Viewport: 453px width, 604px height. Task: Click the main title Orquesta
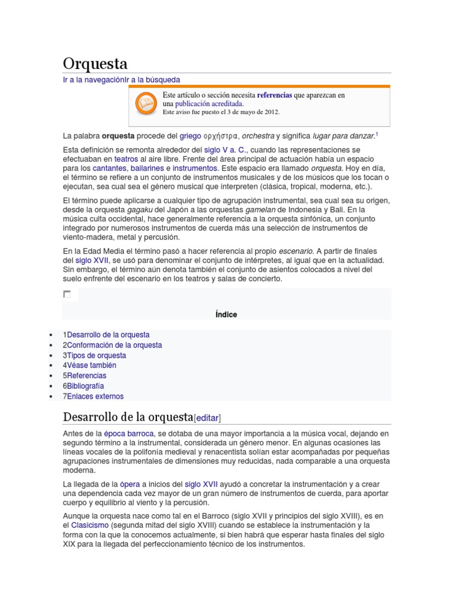95,64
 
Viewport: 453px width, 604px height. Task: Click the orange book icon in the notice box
145,104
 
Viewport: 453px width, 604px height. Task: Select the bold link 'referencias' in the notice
274,94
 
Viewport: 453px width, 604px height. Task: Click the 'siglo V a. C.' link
226,150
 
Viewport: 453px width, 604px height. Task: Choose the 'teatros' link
126,159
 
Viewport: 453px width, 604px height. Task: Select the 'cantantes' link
110,169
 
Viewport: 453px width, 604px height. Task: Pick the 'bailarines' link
147,169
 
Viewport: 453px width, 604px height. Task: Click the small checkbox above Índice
67,294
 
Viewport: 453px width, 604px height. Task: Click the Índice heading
226,314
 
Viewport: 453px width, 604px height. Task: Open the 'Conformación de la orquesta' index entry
114,345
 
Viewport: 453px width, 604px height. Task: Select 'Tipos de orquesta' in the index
96,356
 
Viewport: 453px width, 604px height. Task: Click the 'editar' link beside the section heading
207,418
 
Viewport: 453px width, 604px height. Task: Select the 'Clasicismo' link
90,525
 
